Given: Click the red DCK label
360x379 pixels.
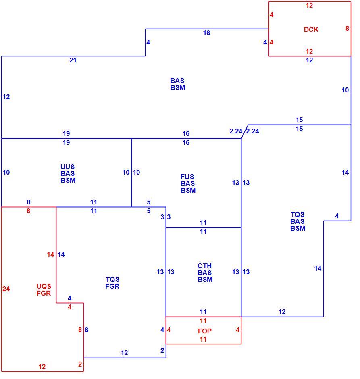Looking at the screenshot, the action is (x=311, y=29).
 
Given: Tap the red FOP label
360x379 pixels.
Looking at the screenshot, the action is (x=205, y=331).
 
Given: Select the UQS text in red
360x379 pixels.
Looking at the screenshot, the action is (x=44, y=286).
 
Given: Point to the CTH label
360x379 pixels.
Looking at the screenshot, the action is (x=205, y=266).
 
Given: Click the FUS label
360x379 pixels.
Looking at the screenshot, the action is (x=187, y=177).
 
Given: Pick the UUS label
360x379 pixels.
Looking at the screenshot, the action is (x=68, y=167).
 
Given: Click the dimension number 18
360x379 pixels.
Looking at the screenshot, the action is (x=206, y=33).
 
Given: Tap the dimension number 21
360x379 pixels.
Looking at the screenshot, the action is (x=73, y=60).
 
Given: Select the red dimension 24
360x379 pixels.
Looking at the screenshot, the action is (x=6, y=289).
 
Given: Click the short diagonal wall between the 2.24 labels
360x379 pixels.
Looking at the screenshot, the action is (x=245, y=132).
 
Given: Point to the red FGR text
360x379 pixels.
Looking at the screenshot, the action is (x=44, y=293).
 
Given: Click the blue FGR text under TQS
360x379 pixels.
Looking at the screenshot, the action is (x=112, y=286).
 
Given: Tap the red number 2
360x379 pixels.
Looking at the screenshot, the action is (x=80, y=364).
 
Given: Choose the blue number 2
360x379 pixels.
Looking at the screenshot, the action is (x=162, y=350).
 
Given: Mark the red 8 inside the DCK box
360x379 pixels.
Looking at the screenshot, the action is (x=347, y=28).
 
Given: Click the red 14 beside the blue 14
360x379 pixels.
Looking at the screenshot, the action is (x=50, y=254).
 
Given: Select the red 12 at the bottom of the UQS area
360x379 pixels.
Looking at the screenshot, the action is (x=42, y=367).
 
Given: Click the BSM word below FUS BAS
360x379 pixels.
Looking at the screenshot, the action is (x=188, y=190).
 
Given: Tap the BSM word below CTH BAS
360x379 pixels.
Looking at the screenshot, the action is (x=205, y=279).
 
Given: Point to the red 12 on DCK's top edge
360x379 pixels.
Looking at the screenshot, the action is (x=309, y=5).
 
